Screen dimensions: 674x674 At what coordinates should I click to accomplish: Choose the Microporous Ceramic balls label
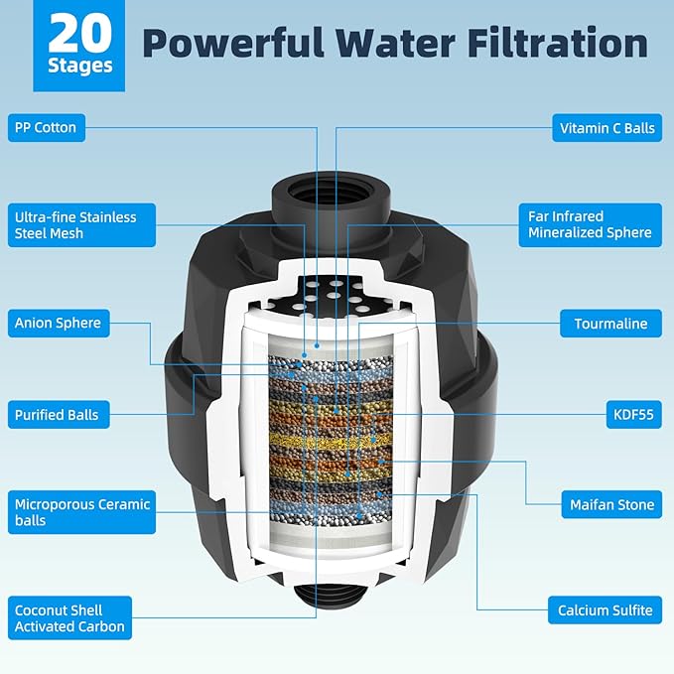80,512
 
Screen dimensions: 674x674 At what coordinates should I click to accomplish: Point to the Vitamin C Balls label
605,127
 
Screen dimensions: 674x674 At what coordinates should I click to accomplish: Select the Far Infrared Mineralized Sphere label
590,224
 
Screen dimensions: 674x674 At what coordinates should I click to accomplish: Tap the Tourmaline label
609,323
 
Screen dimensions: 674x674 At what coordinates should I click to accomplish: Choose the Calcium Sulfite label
605,609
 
